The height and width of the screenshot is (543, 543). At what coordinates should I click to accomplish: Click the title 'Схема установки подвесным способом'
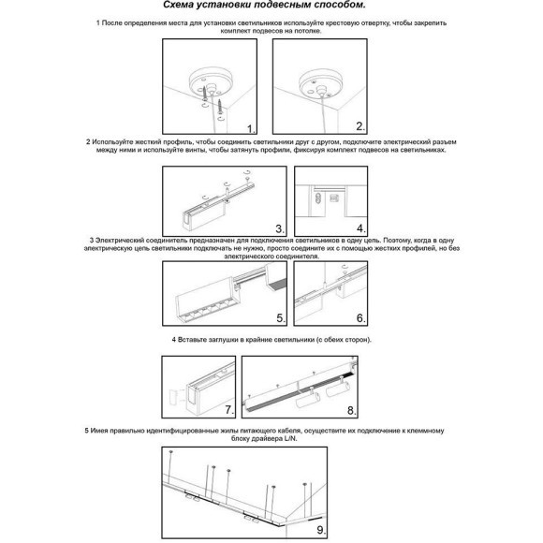tap(264, 6)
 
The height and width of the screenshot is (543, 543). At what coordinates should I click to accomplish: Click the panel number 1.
tap(251, 129)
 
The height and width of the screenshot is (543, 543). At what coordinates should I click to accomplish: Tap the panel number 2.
tap(360, 126)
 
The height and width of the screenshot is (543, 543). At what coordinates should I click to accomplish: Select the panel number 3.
tap(280, 229)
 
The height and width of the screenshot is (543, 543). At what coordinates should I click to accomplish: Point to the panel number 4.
tap(360, 228)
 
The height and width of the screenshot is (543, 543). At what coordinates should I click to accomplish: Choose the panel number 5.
tap(281, 318)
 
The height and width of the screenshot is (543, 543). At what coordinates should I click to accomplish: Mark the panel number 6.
tap(360, 318)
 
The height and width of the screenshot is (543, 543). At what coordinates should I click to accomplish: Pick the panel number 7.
tap(229, 410)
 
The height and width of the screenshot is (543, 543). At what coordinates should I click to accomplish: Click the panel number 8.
tap(351, 411)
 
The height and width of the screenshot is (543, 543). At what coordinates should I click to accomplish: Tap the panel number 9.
tap(321, 530)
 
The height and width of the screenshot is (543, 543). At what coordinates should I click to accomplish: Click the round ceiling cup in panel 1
tap(206, 82)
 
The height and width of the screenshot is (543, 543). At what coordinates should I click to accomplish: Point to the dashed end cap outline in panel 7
tap(173, 397)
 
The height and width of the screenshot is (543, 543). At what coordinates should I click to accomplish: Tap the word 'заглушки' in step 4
tap(224, 340)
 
